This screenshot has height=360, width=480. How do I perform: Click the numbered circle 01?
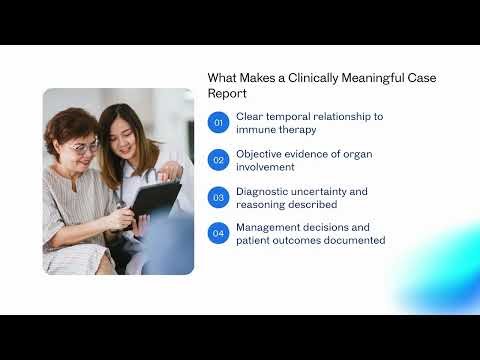pos(218,123)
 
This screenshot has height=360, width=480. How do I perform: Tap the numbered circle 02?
pos(218,160)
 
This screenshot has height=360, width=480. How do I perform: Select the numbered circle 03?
pos(218,197)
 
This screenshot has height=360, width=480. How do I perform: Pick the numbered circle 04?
pos(218,233)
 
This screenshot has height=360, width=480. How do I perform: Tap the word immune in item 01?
pos(255,130)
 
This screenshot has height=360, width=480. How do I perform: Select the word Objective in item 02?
pos(260,153)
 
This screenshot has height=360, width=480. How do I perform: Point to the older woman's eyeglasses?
pos(85,148)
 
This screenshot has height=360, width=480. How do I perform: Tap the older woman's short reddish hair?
pos(73,125)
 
